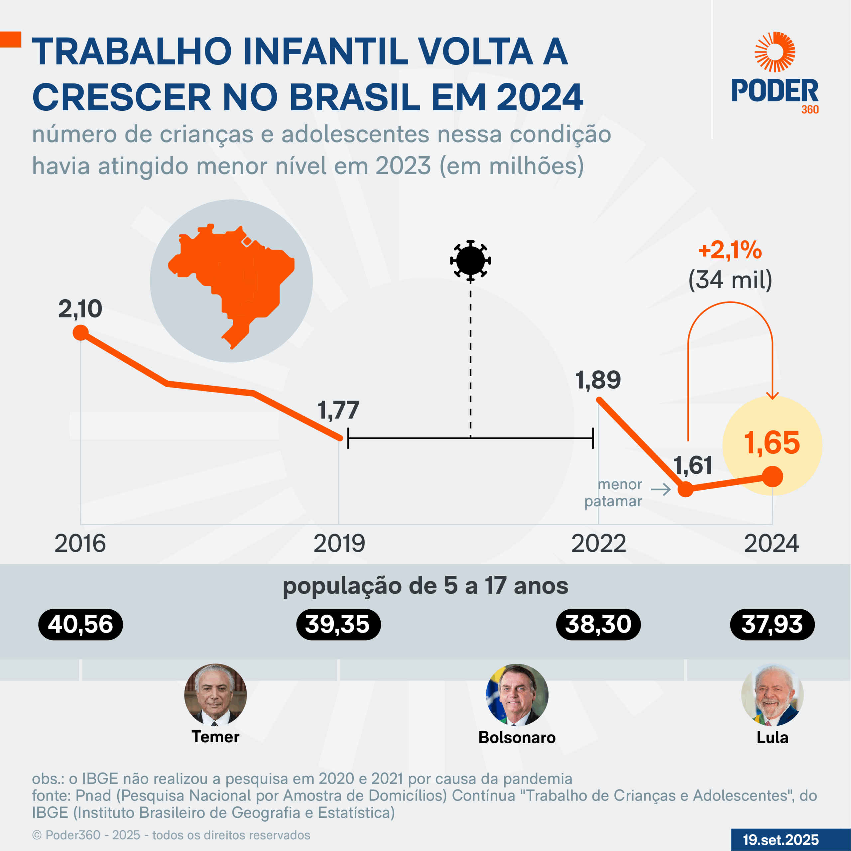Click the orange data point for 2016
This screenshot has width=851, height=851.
tap(80, 332)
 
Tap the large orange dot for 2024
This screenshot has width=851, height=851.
tap(773, 477)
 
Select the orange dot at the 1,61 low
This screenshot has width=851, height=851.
tap(685, 489)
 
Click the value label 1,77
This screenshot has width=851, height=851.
tap(338, 411)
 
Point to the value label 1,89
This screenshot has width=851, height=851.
tap(598, 380)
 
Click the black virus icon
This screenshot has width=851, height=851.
tap(470, 260)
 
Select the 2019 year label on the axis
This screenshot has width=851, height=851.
tap(339, 544)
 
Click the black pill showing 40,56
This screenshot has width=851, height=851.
tap(80, 625)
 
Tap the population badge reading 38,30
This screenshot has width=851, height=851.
tap(598, 625)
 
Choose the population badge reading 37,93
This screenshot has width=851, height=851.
tap(772, 625)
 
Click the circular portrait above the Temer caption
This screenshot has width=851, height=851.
tap(215, 695)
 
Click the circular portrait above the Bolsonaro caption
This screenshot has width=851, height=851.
tap(517, 695)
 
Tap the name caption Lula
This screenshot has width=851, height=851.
tap(772, 737)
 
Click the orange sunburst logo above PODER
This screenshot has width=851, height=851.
tap(775, 52)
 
